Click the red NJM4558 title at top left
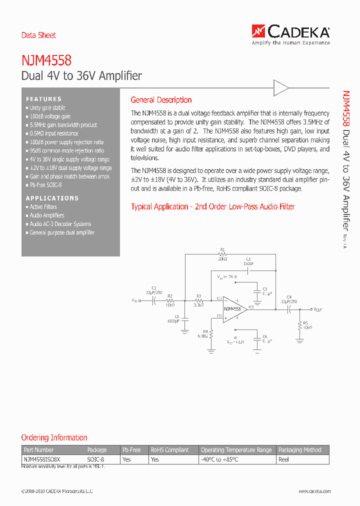coord(46,60)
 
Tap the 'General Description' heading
coord(161,100)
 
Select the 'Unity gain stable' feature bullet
coord(47,108)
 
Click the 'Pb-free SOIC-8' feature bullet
coord(45,185)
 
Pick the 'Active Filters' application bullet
coord(43,207)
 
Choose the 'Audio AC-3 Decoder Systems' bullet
coord(60,224)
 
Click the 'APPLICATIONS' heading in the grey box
coord(52,198)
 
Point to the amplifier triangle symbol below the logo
coord(281,88)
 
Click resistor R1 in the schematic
coord(222,254)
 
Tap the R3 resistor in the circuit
coord(199,300)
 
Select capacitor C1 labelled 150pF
coord(248,270)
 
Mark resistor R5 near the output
coord(300,325)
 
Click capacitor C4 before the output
coord(289,309)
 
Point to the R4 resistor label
coord(205,331)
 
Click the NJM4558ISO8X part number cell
coord(41,459)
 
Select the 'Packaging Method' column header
coord(300,450)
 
